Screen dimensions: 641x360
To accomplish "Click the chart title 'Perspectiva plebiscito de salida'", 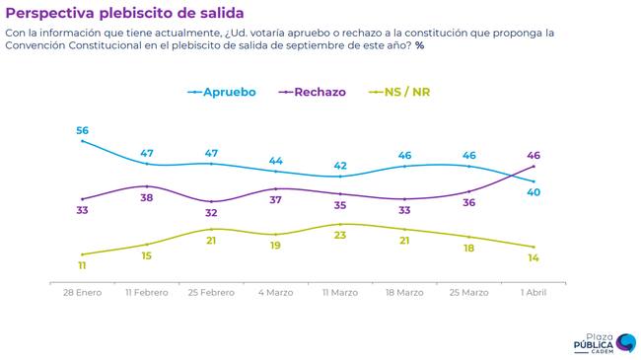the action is (x=124, y=13).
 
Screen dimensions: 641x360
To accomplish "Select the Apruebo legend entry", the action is (x=222, y=92).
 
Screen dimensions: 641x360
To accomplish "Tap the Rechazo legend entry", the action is (x=312, y=92).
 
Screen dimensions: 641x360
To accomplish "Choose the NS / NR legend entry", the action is (x=399, y=92).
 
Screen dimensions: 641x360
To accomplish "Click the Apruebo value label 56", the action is (x=82, y=130).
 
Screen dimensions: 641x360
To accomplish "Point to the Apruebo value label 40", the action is (x=534, y=192).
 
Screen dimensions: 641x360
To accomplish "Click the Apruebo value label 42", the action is (x=340, y=166).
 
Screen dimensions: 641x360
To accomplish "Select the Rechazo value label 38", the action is (x=147, y=198).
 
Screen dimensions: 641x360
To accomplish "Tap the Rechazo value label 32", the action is (x=211, y=213).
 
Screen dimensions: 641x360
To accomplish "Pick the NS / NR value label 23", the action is (x=340, y=235).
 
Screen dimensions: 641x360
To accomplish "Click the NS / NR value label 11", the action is (x=82, y=266).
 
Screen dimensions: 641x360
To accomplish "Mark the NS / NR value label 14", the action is (x=534, y=258).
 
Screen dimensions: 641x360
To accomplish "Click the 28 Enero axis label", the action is (x=82, y=293).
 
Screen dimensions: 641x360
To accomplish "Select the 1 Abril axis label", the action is (x=534, y=293).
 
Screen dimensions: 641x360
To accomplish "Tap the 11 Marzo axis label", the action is (x=340, y=293).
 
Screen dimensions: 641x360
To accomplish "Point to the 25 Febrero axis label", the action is (x=211, y=293).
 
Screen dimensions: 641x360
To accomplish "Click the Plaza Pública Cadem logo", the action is (x=605, y=343).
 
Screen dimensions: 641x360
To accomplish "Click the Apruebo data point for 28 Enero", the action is (x=82, y=141).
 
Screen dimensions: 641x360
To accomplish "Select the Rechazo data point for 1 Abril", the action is (x=534, y=166).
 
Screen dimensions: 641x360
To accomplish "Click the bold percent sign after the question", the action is (x=420, y=45).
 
